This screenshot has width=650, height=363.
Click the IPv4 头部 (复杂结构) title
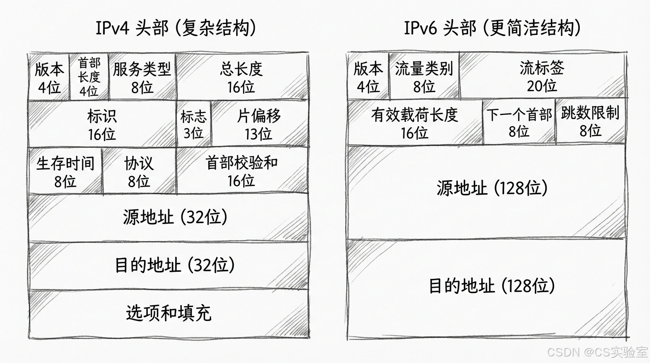point(176,28)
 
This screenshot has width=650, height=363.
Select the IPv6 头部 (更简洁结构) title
point(492,28)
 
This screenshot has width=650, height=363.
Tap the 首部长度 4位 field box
point(89,77)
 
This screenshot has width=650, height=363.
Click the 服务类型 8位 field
point(142,78)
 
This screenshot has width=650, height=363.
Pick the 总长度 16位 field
point(241,78)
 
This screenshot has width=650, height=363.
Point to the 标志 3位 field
point(193,124)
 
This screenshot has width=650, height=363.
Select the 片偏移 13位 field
point(258,124)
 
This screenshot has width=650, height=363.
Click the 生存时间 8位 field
point(65,172)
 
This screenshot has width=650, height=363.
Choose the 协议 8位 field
point(139,172)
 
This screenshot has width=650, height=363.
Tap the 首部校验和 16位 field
point(241,171)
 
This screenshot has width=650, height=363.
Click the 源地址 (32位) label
point(175,217)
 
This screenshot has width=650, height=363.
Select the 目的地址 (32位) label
point(175,265)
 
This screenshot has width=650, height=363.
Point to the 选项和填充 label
point(169,312)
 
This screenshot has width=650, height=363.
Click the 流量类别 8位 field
point(424,77)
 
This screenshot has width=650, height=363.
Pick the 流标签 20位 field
point(542,77)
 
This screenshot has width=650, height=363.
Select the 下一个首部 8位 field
point(519,122)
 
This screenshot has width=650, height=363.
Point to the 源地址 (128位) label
point(492,189)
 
